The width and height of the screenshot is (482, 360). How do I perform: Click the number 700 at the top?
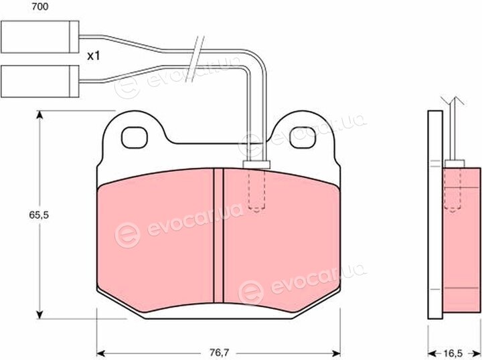(x=40, y=7)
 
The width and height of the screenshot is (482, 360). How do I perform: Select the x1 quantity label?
(x=94, y=56)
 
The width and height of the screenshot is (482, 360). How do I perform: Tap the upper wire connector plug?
(x=40, y=37)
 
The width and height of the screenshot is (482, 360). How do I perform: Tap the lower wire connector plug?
(x=40, y=82)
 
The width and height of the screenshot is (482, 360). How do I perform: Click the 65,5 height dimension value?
(x=39, y=215)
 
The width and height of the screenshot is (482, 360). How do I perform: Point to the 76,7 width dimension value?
(x=219, y=353)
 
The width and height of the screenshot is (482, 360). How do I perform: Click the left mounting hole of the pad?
(x=135, y=138)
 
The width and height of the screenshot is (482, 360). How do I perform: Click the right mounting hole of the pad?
(x=303, y=138)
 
